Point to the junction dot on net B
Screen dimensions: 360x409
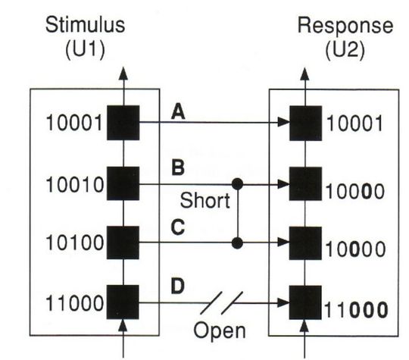(x=239, y=184)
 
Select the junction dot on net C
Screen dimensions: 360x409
(x=239, y=243)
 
